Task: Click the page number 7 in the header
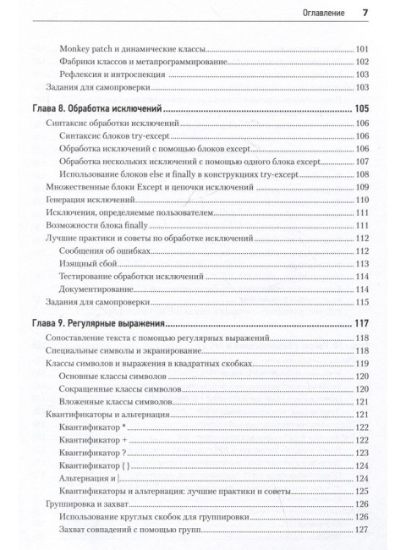tap(364, 13)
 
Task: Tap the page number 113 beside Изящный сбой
tap(362, 263)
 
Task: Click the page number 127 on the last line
tap(362, 530)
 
